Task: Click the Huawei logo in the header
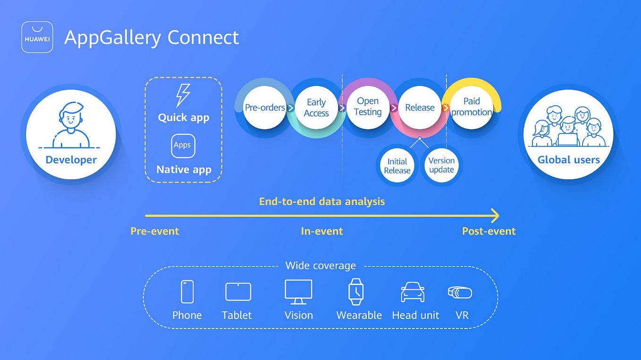(37, 37)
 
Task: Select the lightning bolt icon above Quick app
(183, 95)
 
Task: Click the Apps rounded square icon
(183, 145)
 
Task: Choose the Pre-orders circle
(265, 108)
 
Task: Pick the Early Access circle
(316, 108)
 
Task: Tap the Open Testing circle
(368, 107)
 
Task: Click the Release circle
(420, 108)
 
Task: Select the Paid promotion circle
(471, 107)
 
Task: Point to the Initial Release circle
(397, 166)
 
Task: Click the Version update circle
(441, 165)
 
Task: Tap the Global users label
(568, 159)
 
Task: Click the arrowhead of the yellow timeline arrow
(495, 216)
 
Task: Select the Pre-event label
(155, 231)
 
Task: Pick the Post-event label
(489, 231)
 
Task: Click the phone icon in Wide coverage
(187, 292)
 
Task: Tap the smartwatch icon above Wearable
(355, 291)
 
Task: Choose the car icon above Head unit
(413, 293)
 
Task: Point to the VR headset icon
(460, 293)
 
